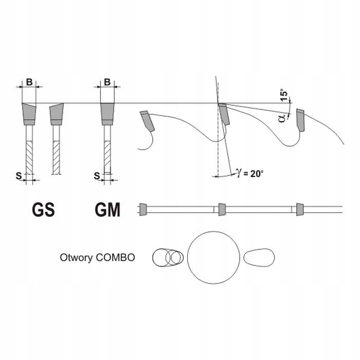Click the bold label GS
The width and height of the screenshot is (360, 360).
[x=44, y=210]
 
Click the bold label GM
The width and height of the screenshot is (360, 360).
[x=107, y=210]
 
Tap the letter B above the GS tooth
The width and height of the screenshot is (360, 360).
[x=29, y=82]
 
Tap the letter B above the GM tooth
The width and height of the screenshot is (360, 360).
[x=107, y=82]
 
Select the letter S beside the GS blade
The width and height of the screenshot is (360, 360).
[x=18, y=176]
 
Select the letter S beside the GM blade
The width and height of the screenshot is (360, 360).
[x=97, y=176]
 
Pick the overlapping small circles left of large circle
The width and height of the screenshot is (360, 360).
[x=168, y=257]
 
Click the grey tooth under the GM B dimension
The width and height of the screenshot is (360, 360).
[x=107, y=114]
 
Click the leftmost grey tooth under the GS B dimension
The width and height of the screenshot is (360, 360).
[x=29, y=114]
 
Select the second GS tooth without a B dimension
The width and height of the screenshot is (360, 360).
[x=56, y=115]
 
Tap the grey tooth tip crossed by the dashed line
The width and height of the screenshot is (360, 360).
[x=223, y=114]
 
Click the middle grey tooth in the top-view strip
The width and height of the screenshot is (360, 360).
[x=222, y=209]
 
